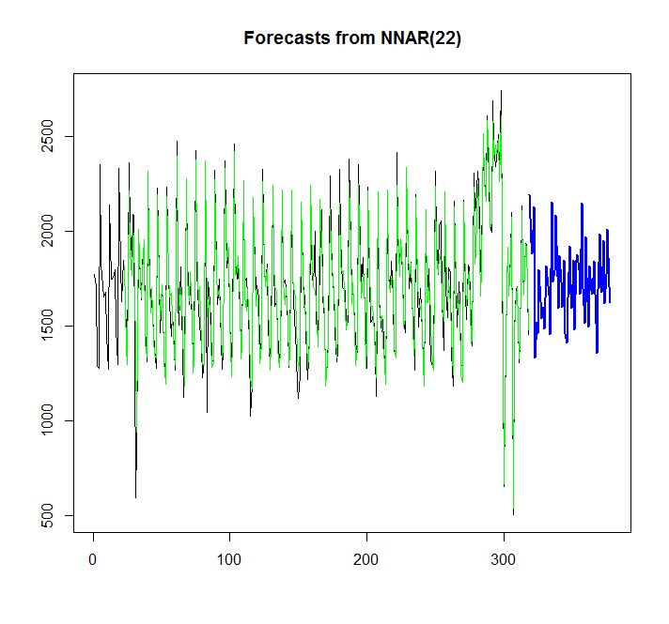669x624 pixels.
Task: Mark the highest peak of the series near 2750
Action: point(502,91)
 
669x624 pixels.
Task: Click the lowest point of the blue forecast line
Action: point(535,357)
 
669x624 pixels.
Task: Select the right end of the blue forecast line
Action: point(610,301)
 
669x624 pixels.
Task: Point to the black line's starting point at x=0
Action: point(94,274)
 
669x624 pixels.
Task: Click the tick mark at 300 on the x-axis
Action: point(504,539)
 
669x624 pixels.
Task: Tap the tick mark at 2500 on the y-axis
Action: point(70,137)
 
